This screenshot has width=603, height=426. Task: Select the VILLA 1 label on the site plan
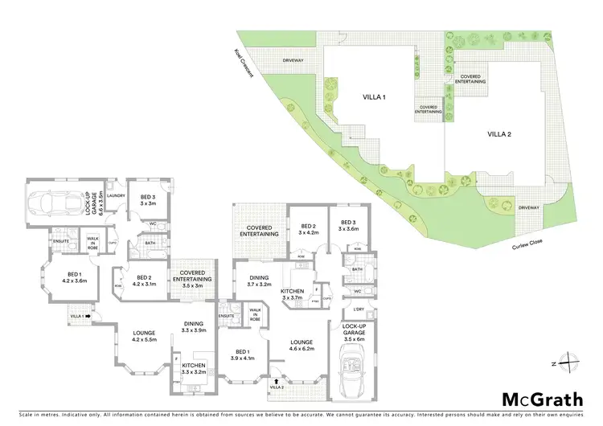(x=374, y=97)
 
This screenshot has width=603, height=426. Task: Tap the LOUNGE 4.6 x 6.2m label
(x=302, y=346)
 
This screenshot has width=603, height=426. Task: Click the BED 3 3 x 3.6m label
(x=348, y=226)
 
